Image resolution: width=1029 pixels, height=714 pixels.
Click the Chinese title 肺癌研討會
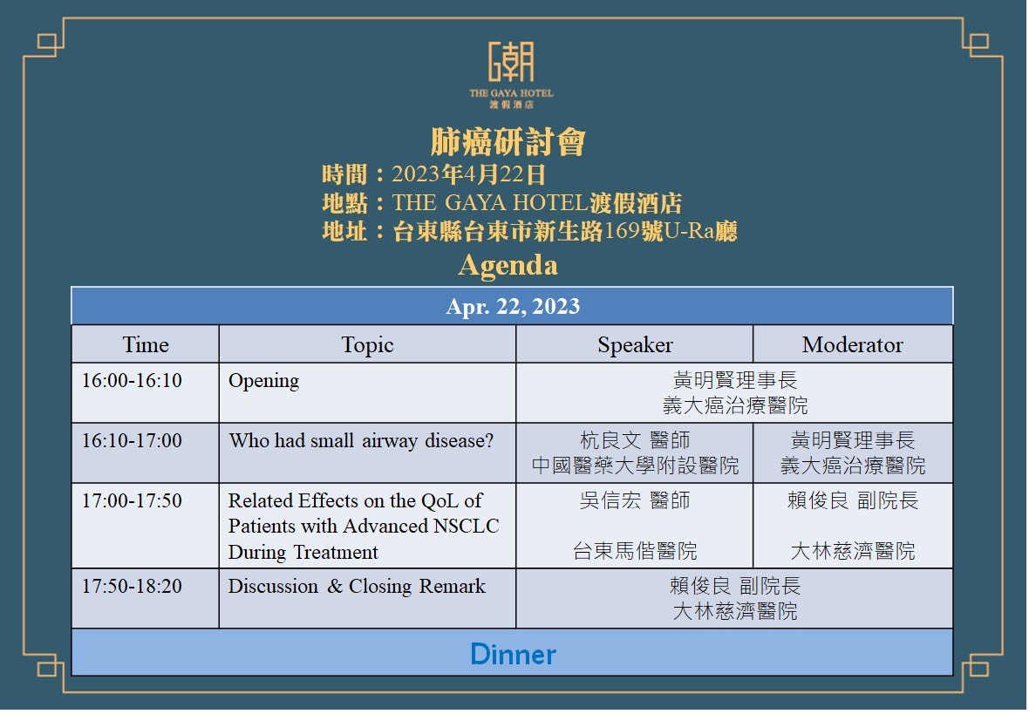tap(508, 142)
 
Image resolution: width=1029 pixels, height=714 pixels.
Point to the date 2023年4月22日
tap(468, 174)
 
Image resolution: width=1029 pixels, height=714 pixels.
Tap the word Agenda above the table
tap(508, 265)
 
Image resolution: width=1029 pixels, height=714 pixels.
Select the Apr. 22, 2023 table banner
tap(512, 306)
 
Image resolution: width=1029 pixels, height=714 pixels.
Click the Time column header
tap(146, 344)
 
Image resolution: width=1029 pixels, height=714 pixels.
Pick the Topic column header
tap(367, 345)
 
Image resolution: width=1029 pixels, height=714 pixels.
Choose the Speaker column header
tap(635, 345)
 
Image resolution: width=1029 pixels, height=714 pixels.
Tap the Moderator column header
tap(853, 344)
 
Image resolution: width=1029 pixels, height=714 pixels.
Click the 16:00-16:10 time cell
tap(132, 381)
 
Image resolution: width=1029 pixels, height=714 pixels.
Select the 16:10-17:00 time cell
tap(132, 440)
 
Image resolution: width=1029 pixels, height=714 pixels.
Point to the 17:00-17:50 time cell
tap(132, 500)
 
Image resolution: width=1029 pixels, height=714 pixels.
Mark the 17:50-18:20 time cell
tap(132, 586)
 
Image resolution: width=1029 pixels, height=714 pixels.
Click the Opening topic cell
tap(264, 381)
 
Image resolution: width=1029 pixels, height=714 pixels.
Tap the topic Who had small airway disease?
tap(361, 441)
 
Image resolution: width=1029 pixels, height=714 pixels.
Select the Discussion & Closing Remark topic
tap(357, 586)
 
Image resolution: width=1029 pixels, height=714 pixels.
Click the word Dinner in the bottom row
tap(513, 654)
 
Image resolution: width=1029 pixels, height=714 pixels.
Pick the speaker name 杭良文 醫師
tap(635, 440)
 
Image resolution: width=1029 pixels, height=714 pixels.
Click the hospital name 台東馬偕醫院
tap(635, 551)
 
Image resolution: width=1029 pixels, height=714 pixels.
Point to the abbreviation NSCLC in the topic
tap(467, 527)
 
